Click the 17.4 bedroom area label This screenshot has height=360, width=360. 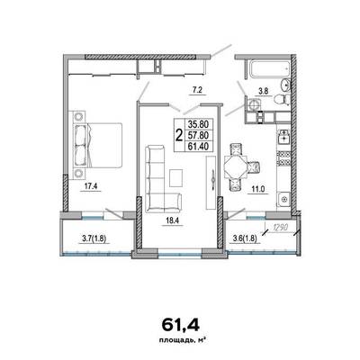(x=90, y=186)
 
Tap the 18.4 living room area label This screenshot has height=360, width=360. (x=172, y=221)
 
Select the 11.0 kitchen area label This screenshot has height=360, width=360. (x=258, y=189)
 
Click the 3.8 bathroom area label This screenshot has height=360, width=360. (x=263, y=92)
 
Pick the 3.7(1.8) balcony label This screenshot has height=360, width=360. (x=94, y=238)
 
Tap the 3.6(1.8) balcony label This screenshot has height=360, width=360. (x=246, y=238)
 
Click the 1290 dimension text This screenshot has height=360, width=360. (x=280, y=228)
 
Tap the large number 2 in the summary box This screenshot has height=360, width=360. (x=179, y=135)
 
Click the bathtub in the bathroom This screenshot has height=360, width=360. (x=268, y=68)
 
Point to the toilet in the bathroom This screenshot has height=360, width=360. (x=282, y=98)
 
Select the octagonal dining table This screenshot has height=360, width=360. (x=236, y=167)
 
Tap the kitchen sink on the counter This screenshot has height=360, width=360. (x=283, y=138)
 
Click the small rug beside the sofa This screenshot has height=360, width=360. (x=175, y=177)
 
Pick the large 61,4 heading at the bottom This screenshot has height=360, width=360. (x=181, y=326)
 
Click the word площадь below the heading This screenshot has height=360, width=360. (x=172, y=340)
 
